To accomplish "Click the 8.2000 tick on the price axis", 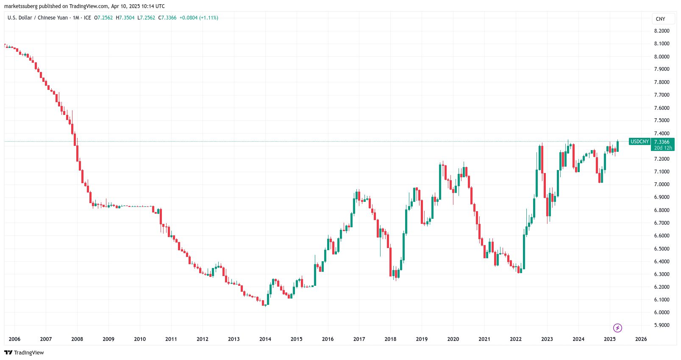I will click(x=662, y=31).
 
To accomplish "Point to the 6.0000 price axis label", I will click(x=662, y=313).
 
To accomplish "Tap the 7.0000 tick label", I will click(x=662, y=184).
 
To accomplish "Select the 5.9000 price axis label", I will click(x=662, y=325).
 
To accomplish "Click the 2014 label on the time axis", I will click(x=265, y=339).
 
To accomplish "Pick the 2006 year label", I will click(x=14, y=339).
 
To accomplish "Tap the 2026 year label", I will click(x=641, y=339).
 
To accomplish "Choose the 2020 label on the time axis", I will click(x=453, y=339).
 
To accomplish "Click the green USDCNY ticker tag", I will click(x=639, y=142).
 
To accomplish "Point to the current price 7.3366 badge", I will click(x=662, y=142).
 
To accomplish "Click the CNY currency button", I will click(x=660, y=19).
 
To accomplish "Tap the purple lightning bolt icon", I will click(x=617, y=328).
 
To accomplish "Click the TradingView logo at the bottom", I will click(x=24, y=353).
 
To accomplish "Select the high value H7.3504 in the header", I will click(x=125, y=18).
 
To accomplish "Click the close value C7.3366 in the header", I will click(x=167, y=18).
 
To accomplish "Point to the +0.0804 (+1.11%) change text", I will click(x=199, y=18).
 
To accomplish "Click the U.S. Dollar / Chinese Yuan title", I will click(x=38, y=18).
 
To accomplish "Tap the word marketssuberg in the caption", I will click(x=21, y=6).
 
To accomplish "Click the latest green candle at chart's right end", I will click(x=618, y=146).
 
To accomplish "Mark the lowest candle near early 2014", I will click(x=265, y=303).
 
